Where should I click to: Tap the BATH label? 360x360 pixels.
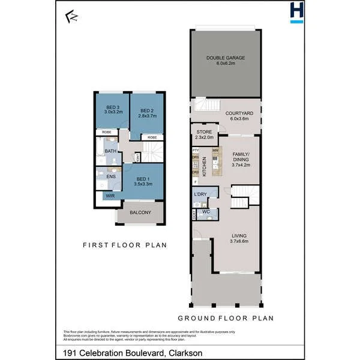pyautogui.click(x=110, y=151)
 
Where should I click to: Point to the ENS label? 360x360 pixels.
pyautogui.click(x=111, y=176)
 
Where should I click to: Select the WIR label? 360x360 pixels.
pyautogui.click(x=110, y=196)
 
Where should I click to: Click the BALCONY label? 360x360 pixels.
pyautogui.click(x=138, y=212)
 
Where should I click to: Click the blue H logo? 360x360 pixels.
pyautogui.click(x=296, y=12)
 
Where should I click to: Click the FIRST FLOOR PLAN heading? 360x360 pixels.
pyautogui.click(x=124, y=245)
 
